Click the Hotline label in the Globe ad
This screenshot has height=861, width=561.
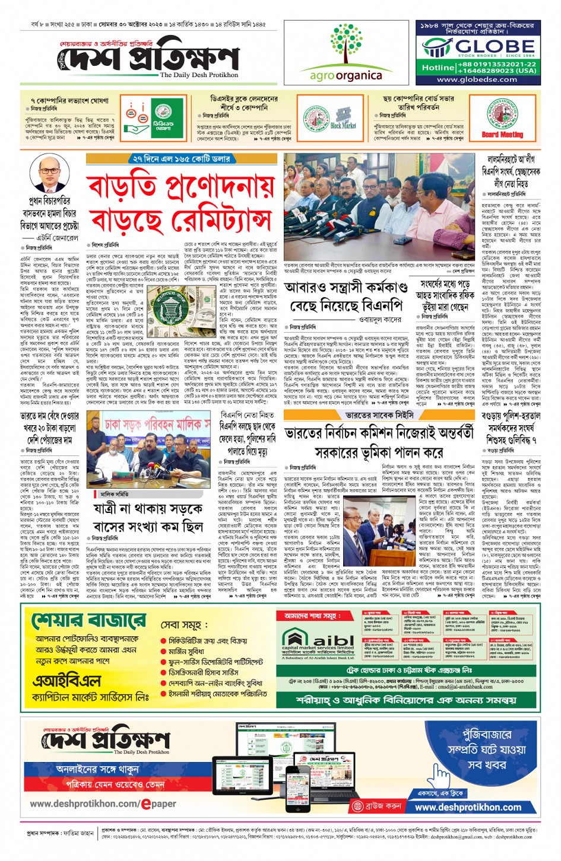click(x=438, y=68)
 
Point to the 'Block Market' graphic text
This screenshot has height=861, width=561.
click(x=343, y=125)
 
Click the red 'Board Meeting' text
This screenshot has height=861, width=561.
click(x=502, y=135)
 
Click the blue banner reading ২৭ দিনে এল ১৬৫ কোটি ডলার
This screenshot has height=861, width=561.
click(x=182, y=159)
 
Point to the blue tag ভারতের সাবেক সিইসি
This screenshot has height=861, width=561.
click(x=379, y=415)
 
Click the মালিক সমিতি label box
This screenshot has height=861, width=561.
click(x=115, y=493)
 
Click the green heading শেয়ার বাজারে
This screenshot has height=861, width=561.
click(x=89, y=621)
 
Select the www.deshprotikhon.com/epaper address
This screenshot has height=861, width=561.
click(x=103, y=804)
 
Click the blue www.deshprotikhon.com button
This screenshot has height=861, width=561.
click(x=468, y=807)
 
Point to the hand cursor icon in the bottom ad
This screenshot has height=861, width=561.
click(x=440, y=774)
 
